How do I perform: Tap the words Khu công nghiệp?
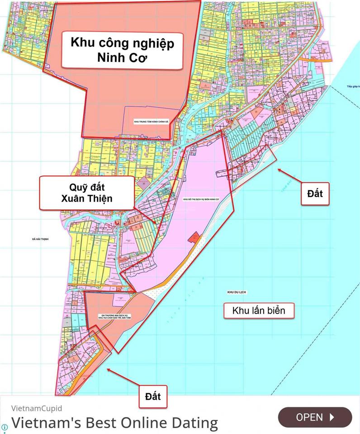pyautogui.click(x=122, y=43)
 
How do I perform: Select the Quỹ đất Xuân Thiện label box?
pyautogui.click(x=87, y=193)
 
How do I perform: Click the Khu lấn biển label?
pyautogui.click(x=259, y=311)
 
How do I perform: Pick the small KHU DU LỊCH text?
pyautogui.click(x=238, y=293)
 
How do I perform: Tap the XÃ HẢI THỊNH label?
pyautogui.click(x=37, y=239)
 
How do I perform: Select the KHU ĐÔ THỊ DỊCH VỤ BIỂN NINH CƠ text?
pyautogui.click(x=201, y=199)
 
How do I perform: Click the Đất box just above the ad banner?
pyautogui.click(x=153, y=396)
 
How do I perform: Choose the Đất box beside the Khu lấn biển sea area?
pyautogui.click(x=315, y=193)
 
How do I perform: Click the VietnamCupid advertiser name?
pyautogui.click(x=37, y=408)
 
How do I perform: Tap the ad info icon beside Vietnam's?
pyautogui.click(x=5, y=427)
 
